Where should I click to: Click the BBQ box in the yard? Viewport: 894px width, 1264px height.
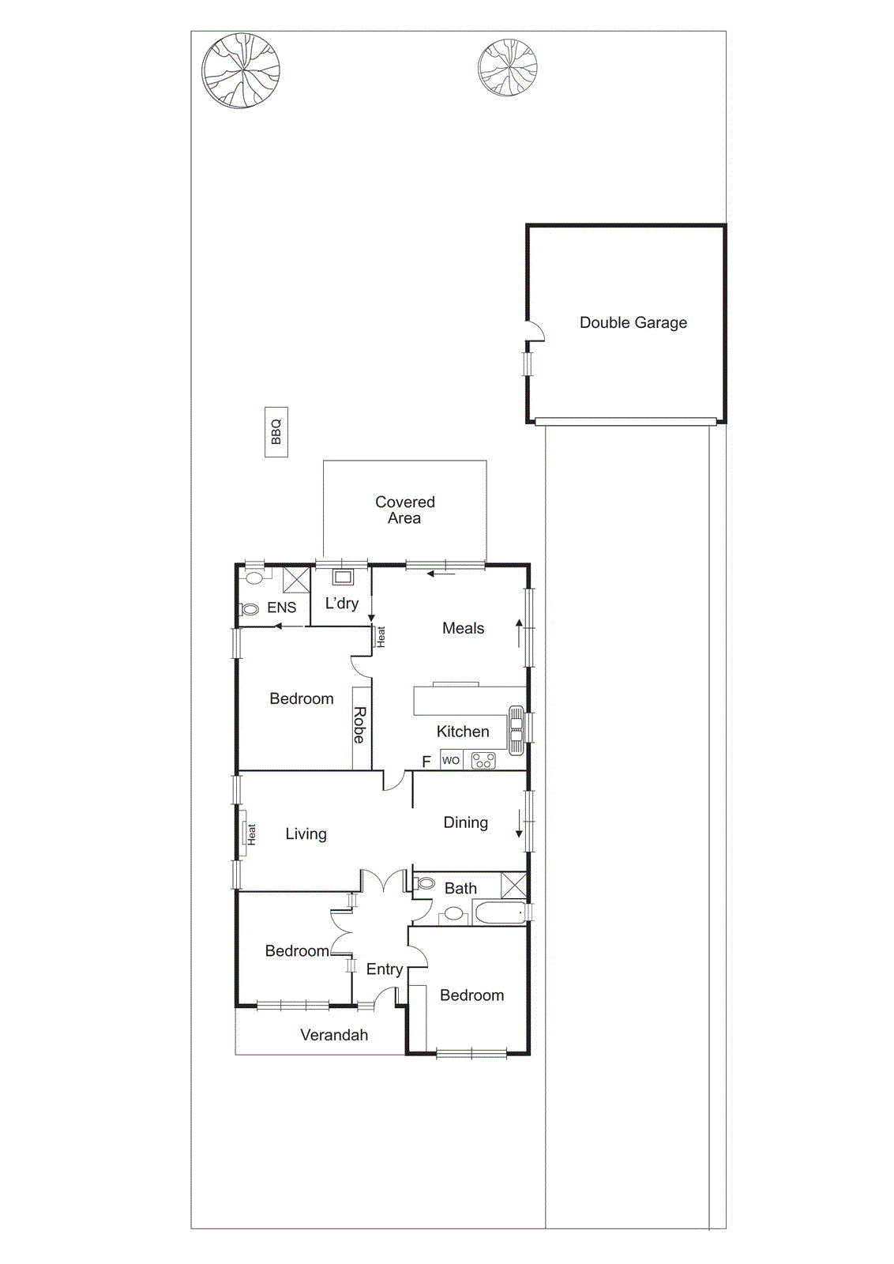pyautogui.click(x=276, y=432)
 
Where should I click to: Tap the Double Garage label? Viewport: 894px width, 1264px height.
pyautogui.click(x=633, y=322)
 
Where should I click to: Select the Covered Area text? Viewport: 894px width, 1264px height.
pyautogui.click(x=404, y=510)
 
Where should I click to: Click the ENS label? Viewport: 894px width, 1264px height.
pyautogui.click(x=281, y=608)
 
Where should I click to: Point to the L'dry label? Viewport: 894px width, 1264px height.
pyautogui.click(x=342, y=604)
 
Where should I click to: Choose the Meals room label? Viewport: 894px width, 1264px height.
pyautogui.click(x=463, y=628)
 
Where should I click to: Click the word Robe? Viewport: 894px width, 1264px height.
pyautogui.click(x=359, y=725)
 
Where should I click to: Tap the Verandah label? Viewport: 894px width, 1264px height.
pyautogui.click(x=334, y=1035)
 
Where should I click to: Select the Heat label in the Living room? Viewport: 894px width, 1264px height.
pyautogui.click(x=251, y=834)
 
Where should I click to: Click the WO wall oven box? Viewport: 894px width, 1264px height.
pyautogui.click(x=450, y=760)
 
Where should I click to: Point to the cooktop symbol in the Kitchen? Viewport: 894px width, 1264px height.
pyautogui.click(x=483, y=761)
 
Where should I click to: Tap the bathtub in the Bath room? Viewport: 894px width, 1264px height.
pyautogui.click(x=500, y=913)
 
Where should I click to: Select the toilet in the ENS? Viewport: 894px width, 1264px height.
pyautogui.click(x=250, y=609)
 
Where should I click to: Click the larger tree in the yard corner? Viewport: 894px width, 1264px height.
pyautogui.click(x=241, y=70)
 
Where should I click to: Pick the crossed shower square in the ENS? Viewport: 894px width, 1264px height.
pyautogui.click(x=296, y=579)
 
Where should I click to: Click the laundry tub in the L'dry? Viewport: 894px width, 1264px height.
pyautogui.click(x=342, y=577)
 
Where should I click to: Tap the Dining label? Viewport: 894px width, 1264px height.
pyautogui.click(x=465, y=822)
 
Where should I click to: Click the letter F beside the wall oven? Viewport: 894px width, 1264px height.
pyautogui.click(x=426, y=762)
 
